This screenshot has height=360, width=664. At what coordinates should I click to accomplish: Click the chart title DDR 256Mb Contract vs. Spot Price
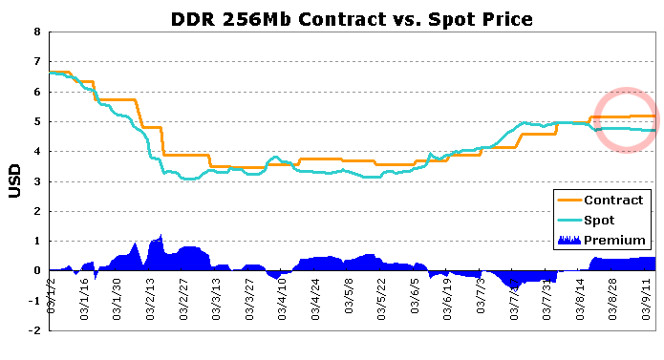(352, 19)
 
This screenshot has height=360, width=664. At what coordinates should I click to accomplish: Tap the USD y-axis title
(14, 181)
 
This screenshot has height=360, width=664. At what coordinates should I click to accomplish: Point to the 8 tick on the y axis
(37, 32)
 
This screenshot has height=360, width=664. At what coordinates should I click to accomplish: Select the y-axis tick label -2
(34, 330)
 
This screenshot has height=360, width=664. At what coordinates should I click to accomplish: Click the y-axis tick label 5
(37, 122)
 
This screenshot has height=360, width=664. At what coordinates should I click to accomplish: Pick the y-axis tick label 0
(37, 271)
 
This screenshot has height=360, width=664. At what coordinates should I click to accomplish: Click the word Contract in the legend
(613, 201)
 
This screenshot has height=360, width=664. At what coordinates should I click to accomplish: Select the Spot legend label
(599, 221)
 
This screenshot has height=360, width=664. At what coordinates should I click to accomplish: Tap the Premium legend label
(614, 241)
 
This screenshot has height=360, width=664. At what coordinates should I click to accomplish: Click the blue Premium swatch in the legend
(569, 241)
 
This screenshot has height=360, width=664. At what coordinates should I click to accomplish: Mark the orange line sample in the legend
(569, 201)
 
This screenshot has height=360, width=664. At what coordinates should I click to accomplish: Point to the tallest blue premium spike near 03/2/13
(161, 235)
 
